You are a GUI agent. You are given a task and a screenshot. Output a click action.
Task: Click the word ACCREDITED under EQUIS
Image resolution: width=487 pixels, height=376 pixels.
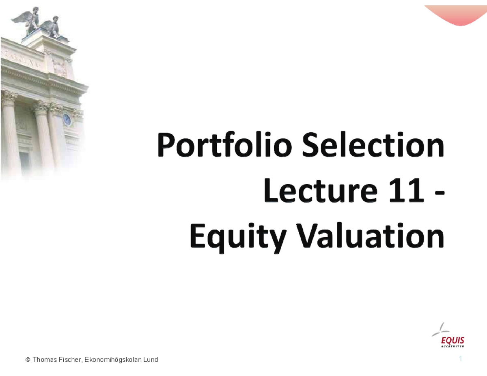[x=453, y=346]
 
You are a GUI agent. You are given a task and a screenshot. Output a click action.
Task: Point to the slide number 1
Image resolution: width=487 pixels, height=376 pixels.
[x=461, y=359]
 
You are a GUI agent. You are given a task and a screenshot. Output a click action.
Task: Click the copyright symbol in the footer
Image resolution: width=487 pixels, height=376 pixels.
[x=28, y=360]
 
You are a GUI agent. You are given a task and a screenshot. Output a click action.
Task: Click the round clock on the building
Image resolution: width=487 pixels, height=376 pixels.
[x=67, y=120]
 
